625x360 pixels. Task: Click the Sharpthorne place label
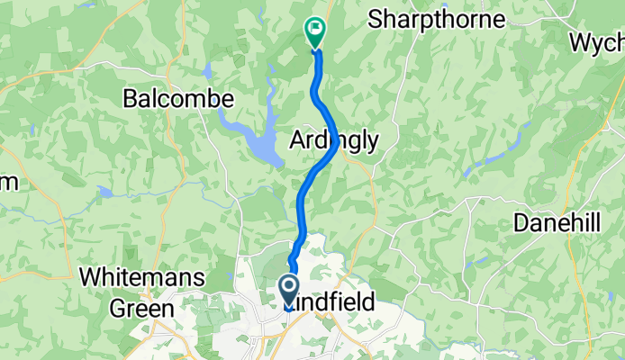tap(436, 19)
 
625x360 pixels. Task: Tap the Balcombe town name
tap(178, 98)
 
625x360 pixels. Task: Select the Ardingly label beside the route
tap(334, 139)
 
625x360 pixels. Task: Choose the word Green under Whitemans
tap(141, 308)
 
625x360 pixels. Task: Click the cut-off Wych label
tap(596, 42)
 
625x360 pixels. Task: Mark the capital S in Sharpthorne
tap(375, 19)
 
